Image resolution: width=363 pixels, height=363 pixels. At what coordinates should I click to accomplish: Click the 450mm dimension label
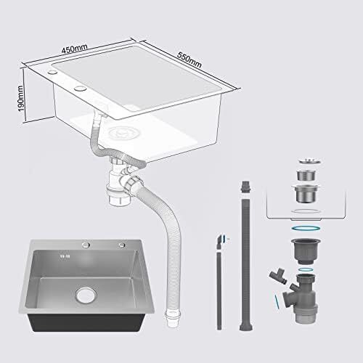point(74,49)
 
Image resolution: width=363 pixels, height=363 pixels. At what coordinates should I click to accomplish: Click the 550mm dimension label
point(189,60)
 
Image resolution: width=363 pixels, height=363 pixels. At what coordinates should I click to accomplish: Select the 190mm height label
point(21,99)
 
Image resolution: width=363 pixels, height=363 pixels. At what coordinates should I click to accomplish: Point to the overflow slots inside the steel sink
point(65,256)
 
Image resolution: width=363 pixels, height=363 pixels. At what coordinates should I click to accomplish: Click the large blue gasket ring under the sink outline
point(306,229)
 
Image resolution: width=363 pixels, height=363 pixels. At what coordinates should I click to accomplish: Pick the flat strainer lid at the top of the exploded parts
point(309,160)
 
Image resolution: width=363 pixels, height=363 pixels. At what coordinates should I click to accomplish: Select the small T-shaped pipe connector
point(278,276)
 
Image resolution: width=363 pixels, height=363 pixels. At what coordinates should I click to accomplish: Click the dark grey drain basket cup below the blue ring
point(306,251)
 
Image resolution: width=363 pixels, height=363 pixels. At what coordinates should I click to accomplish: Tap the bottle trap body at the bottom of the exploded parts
point(301,298)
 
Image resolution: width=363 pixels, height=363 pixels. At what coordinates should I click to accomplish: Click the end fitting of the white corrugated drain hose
point(173,319)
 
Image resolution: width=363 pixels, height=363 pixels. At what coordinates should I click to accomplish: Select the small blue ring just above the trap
point(306,269)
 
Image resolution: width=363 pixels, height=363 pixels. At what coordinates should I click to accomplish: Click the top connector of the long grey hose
point(245,187)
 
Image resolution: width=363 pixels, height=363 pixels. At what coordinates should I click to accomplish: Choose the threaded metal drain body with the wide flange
point(306,193)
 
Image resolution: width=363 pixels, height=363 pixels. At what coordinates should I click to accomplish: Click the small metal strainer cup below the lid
point(306,175)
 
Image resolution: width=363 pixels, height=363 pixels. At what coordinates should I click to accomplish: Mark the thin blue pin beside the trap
point(277,301)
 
